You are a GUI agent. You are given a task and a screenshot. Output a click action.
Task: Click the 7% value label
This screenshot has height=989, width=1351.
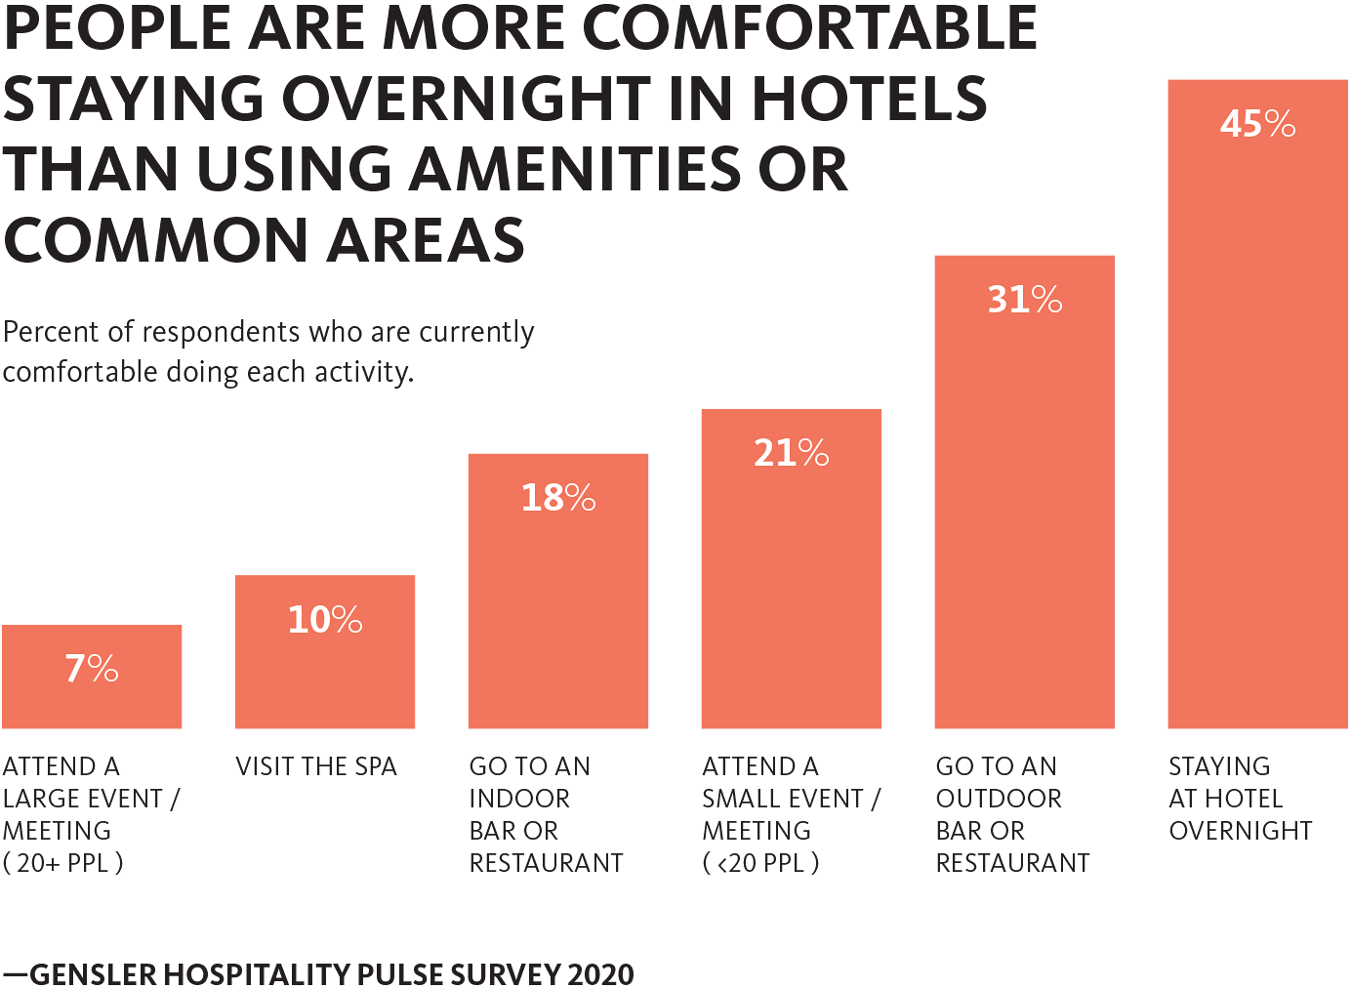pos(92,669)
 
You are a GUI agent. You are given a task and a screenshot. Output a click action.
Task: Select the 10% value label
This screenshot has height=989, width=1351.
pos(325,620)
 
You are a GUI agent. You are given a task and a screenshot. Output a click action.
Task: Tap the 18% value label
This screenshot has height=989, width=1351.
pos(557,498)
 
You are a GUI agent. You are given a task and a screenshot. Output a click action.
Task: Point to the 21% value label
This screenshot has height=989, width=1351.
pos(791,453)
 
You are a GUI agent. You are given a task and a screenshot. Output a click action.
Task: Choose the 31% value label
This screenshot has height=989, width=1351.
pos(1024,300)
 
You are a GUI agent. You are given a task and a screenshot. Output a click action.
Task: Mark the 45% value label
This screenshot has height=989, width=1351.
pos(1257,124)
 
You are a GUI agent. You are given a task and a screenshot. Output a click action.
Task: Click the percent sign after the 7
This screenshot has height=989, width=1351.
pos(103,669)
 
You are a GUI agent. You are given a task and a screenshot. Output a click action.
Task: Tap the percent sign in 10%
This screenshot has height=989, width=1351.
pos(347,620)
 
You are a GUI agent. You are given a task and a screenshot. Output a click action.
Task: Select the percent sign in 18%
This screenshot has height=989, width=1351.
pos(580,498)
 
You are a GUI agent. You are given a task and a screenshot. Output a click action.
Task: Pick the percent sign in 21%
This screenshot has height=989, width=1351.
pos(813,453)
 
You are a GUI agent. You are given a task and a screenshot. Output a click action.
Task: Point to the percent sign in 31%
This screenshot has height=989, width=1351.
pos(1046,300)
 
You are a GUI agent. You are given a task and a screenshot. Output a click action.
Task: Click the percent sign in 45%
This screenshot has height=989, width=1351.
pos(1280,124)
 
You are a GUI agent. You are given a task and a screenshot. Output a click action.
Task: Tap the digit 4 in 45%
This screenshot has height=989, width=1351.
pos(1230,124)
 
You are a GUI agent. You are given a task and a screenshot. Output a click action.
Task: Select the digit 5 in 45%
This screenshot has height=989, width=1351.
pos(1251,125)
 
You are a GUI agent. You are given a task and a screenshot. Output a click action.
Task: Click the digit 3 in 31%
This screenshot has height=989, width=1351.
pos(998,300)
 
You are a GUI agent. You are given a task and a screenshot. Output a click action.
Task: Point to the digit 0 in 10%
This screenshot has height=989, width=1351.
pos(318,620)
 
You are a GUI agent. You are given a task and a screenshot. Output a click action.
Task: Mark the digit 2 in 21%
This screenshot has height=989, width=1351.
pos(763,453)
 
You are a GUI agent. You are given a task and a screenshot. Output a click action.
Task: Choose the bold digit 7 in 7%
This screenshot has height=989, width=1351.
pos(74,669)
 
